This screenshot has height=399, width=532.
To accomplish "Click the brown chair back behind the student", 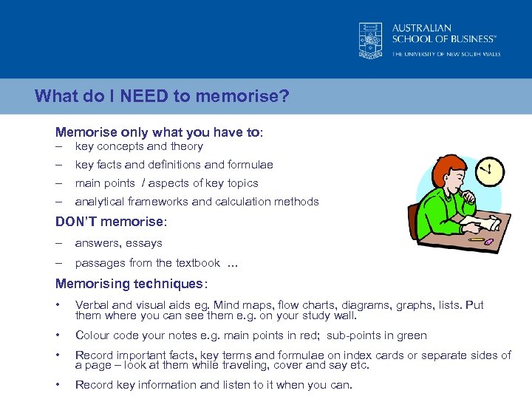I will tap(415, 222).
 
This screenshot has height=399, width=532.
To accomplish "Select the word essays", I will tap(143, 243).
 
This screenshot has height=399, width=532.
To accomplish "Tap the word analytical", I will tap(99, 202).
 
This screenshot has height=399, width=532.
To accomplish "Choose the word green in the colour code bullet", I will tap(412, 335).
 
